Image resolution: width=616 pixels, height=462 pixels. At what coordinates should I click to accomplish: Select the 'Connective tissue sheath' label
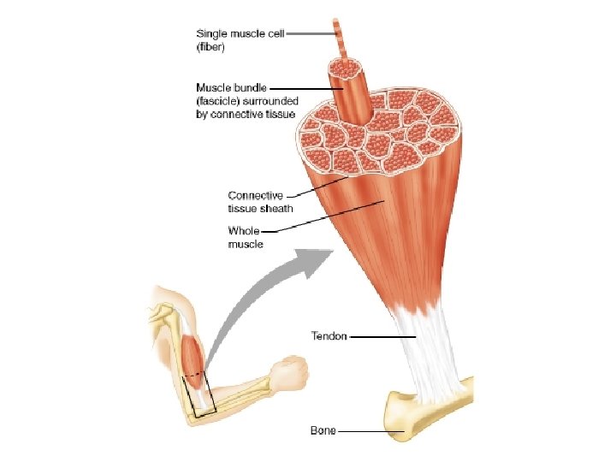[x=256, y=201]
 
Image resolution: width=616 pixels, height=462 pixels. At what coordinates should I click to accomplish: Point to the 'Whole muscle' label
[x=245, y=237]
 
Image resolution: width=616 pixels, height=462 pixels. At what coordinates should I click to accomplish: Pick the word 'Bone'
[x=323, y=430]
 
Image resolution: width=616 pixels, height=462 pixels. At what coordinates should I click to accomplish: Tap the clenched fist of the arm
[x=290, y=372]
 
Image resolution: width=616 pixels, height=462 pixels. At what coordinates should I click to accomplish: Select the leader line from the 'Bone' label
[x=368, y=431]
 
